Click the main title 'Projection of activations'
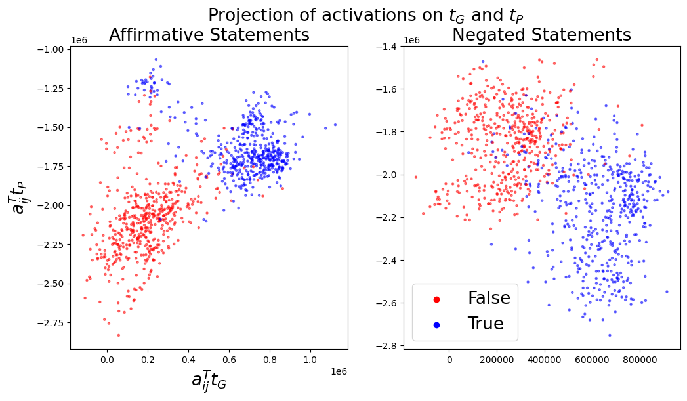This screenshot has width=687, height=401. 365,15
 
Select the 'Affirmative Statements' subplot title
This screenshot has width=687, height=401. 209,35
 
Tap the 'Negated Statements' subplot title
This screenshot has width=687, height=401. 541,35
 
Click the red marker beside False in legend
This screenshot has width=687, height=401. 436,299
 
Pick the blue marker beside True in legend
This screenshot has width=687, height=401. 436,324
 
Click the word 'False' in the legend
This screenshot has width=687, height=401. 489,299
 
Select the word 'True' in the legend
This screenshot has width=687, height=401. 486,324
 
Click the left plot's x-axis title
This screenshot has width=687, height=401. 209,381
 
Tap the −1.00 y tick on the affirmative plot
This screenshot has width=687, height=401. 49,49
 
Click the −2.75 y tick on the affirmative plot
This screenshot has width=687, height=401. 49,322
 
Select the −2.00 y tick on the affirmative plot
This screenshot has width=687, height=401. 49,205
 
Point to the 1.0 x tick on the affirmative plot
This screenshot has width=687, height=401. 310,360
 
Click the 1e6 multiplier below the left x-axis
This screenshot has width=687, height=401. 338,371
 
